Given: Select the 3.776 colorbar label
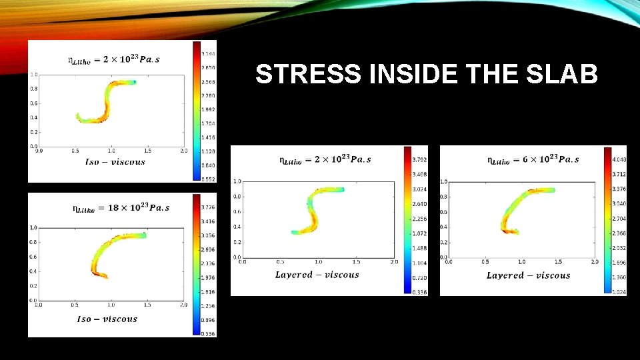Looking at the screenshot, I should click(209, 207).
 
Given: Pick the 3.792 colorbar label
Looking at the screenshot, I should click(419, 159).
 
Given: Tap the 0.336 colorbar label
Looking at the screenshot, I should click(419, 291).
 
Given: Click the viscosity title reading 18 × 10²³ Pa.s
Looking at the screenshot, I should click(121, 207).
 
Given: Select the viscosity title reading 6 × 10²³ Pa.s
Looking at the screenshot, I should click(533, 159).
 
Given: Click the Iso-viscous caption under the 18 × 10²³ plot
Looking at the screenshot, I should click(107, 319).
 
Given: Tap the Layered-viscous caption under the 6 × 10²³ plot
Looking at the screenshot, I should click(528, 275).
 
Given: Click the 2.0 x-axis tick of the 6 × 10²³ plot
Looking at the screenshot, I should click(594, 262).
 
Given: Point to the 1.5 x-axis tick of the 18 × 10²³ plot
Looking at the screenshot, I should click(147, 305).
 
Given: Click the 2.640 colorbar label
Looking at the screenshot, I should click(419, 204).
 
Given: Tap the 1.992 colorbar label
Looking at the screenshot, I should click(209, 109).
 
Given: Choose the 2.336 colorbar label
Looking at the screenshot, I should click(209, 263).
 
